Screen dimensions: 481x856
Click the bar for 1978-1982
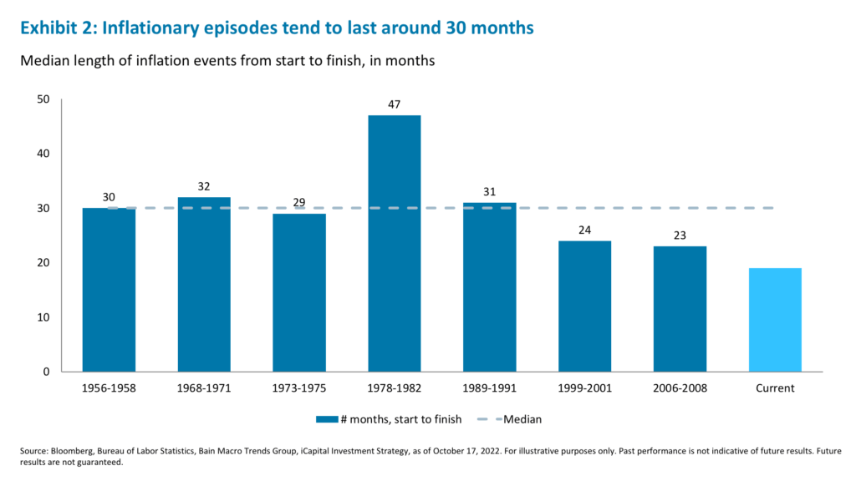394,243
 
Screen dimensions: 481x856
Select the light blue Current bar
775,320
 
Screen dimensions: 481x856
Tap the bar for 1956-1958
109,290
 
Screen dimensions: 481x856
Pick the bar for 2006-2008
680,309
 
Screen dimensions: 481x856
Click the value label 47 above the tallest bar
394,104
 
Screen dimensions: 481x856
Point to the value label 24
584,230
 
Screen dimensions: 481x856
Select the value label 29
299,203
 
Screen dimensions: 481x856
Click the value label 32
204,186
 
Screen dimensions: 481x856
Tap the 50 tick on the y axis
43,99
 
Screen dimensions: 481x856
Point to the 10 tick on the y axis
43,317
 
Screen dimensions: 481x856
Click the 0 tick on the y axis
47,372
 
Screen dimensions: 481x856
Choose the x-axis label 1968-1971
204,388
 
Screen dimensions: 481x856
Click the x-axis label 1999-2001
584,388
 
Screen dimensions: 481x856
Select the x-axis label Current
775,388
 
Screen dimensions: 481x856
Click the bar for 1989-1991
489,286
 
